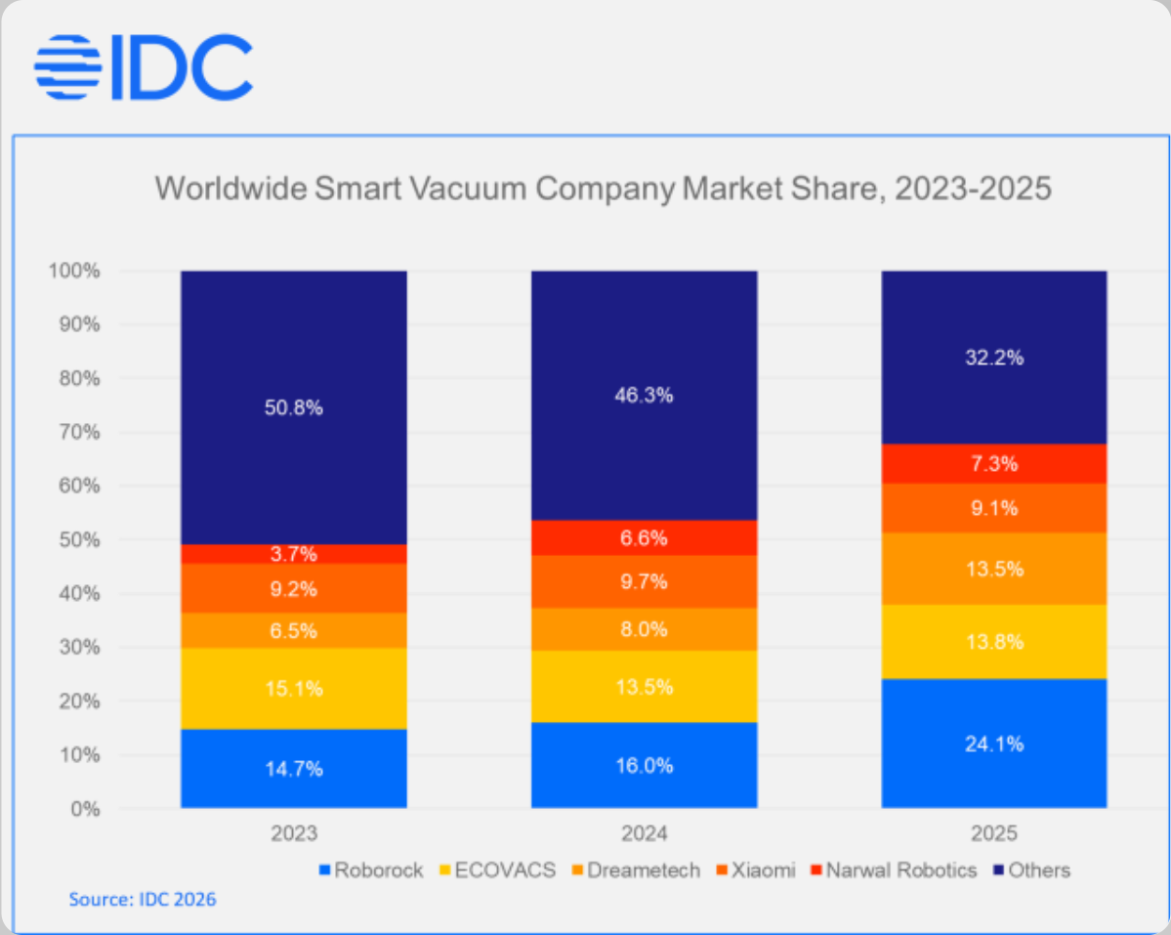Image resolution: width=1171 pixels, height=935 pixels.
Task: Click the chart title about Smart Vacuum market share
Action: (603, 188)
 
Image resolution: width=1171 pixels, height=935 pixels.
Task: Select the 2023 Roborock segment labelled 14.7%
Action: (294, 768)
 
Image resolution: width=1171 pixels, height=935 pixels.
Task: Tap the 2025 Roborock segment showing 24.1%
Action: (994, 744)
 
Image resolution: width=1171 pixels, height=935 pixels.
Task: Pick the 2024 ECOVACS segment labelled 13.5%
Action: (644, 687)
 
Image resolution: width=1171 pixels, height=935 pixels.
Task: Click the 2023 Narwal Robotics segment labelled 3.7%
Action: (294, 554)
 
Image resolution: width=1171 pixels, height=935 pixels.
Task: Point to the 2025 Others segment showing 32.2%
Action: (994, 358)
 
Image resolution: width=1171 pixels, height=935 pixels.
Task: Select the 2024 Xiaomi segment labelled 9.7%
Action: (644, 581)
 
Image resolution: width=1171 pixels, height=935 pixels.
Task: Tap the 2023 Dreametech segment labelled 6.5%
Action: (294, 630)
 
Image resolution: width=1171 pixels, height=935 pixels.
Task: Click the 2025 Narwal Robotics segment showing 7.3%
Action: (994, 463)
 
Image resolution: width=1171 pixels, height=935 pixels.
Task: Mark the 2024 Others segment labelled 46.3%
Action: (644, 396)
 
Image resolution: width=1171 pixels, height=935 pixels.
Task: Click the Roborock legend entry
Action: (370, 870)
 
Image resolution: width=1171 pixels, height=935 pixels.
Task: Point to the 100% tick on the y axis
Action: (74, 271)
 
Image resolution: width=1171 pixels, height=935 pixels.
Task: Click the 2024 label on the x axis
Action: (644, 834)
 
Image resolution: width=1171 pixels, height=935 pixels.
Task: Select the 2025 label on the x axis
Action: (994, 834)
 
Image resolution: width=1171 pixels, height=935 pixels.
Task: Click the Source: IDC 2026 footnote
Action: (143, 899)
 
